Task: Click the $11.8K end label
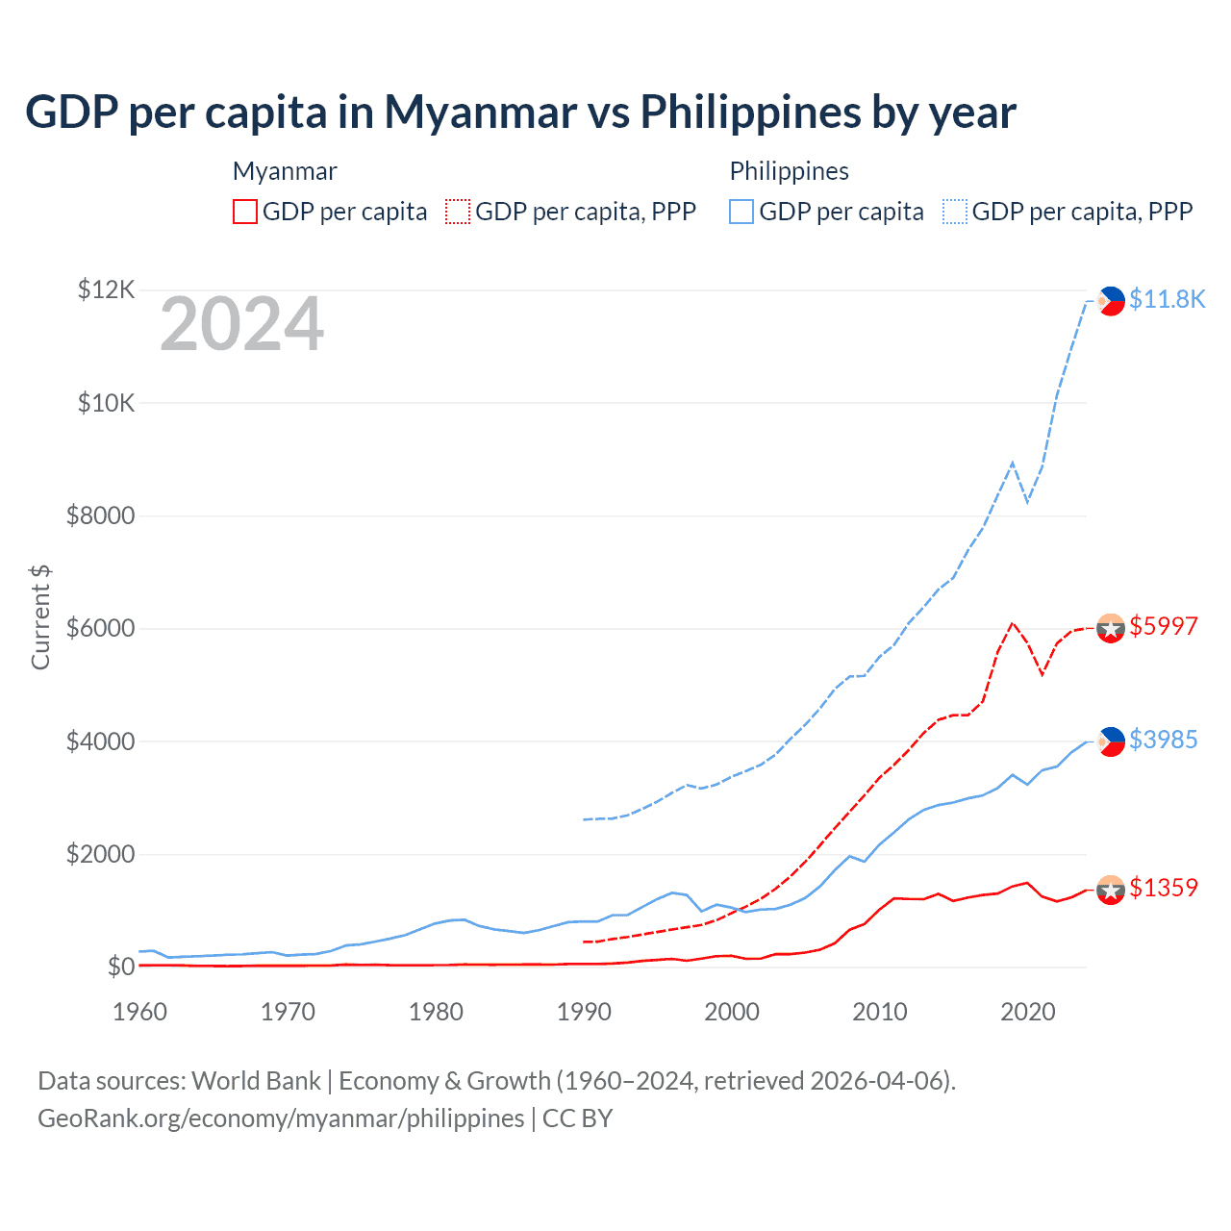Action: tap(1167, 299)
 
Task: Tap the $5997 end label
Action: tap(1163, 626)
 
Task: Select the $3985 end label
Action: tap(1163, 740)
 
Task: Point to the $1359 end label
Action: tap(1163, 888)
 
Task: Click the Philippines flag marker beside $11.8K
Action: tap(1111, 301)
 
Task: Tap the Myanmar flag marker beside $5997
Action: tap(1111, 628)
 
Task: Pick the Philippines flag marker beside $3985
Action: tap(1111, 741)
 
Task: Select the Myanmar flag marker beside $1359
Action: tap(1111, 891)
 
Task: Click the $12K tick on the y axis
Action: tap(107, 289)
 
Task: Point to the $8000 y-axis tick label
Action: tap(100, 516)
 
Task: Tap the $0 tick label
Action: tap(121, 967)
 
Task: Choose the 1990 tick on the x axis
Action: tap(584, 1012)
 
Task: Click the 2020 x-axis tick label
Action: tap(1028, 1012)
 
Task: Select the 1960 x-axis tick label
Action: tap(140, 1012)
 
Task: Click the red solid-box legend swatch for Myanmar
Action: tap(245, 212)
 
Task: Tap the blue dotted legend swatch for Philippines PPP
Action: tap(955, 212)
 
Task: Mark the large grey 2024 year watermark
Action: tap(241, 325)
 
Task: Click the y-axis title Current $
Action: tap(40, 616)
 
